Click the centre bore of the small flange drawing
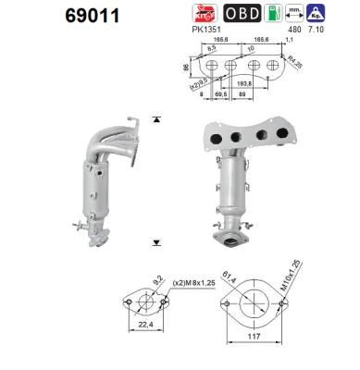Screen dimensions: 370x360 click(143, 304)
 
